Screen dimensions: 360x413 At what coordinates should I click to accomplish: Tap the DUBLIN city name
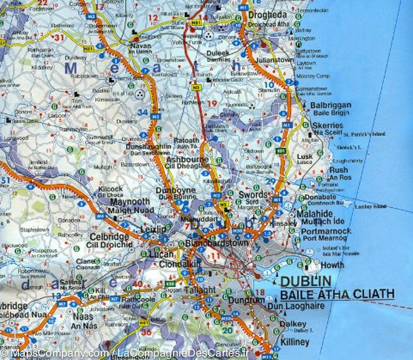pyautogui.click(x=306, y=281)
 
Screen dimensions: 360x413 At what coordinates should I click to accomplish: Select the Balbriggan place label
pyautogui.click(x=331, y=105)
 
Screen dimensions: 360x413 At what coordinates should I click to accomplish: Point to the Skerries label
pyautogui.click(x=328, y=125)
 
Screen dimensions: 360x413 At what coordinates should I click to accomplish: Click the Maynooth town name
pyautogui.click(x=130, y=202)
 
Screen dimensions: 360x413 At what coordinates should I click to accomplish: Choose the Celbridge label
pyautogui.click(x=109, y=237)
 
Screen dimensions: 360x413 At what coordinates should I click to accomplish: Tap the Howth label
pyautogui.click(x=332, y=265)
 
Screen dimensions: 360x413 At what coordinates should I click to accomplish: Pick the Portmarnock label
pyautogui.click(x=326, y=231)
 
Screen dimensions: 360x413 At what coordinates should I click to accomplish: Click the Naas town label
pyautogui.click(x=82, y=316)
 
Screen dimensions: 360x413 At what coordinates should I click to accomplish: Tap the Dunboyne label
pyautogui.click(x=176, y=191)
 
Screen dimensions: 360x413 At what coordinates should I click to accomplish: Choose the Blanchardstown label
pyautogui.click(x=217, y=243)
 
